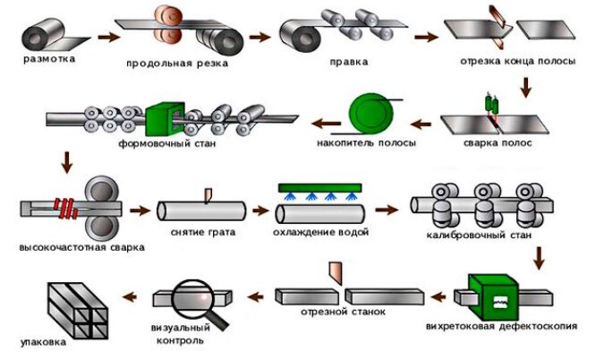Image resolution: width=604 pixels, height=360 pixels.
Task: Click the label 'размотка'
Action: coord(49,59)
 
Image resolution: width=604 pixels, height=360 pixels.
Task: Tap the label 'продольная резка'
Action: coord(177,64)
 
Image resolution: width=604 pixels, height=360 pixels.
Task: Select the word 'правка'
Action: coord(349,62)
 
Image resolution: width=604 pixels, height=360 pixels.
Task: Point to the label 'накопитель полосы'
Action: coord(366,143)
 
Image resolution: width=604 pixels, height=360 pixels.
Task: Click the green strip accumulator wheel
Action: coord(371,114)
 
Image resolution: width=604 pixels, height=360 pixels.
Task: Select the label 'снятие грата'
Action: coord(203,233)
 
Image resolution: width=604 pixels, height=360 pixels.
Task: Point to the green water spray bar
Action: coord(319,188)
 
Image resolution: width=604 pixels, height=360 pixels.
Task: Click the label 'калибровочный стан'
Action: coord(479,235)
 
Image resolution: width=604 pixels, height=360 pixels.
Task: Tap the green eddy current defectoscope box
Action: coord(493,297)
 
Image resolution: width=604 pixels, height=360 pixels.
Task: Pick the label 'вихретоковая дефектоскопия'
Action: coord(501,326)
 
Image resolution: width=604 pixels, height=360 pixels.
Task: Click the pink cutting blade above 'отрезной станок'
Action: coord(336,273)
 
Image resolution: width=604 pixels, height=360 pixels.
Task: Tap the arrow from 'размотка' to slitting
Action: coord(109,38)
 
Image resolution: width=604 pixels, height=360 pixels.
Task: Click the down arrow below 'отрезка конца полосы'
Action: coord(525,87)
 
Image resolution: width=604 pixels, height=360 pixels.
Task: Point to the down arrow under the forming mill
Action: coord(67,163)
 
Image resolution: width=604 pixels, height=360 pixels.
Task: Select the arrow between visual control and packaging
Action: coord(130,296)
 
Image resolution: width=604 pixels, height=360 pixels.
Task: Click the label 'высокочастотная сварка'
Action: coord(82,247)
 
